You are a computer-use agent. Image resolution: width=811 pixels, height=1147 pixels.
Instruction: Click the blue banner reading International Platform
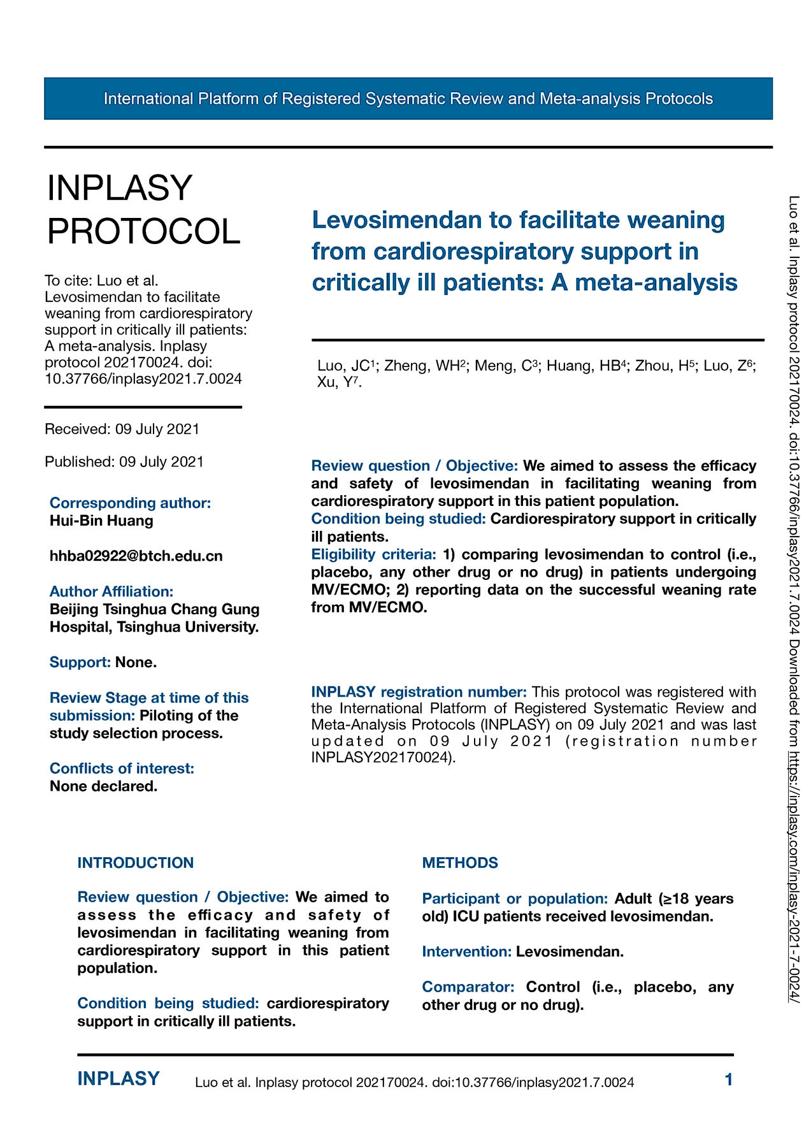coord(408,99)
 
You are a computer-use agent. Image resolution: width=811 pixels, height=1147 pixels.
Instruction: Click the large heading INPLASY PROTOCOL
coord(144,209)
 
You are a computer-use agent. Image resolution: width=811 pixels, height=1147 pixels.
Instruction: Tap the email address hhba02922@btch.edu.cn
coord(136,556)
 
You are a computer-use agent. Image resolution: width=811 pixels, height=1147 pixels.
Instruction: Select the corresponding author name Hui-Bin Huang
coord(101,521)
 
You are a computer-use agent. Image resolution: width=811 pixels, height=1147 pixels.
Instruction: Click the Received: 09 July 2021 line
coord(122,429)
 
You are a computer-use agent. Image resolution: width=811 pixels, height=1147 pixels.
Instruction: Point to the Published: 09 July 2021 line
coord(124,461)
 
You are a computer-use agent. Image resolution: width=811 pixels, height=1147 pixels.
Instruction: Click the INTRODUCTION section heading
coord(136,863)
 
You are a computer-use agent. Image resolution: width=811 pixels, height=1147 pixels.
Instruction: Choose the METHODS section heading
coord(460,863)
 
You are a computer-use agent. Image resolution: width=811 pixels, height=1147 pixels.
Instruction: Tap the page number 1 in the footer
coord(729,1079)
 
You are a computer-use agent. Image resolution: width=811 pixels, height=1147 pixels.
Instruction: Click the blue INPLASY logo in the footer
coord(118,1079)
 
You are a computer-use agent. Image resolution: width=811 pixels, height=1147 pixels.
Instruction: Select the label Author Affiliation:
coord(111,591)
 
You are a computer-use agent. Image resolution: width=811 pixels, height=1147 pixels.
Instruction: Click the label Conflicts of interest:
coord(122,768)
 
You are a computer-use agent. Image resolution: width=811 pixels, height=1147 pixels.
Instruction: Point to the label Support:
coord(80,662)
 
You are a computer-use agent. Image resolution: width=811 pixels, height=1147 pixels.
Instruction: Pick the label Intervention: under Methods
coord(467,951)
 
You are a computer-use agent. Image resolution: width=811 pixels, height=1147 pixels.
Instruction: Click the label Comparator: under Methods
coord(468,987)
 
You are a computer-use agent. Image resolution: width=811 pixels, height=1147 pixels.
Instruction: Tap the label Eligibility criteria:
coord(373,554)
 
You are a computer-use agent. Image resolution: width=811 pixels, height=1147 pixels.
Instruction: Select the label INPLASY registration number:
coord(419,692)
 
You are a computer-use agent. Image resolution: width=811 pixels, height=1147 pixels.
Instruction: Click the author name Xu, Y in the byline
coord(337,382)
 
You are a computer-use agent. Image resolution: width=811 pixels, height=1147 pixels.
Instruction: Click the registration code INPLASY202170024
coord(382,758)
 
